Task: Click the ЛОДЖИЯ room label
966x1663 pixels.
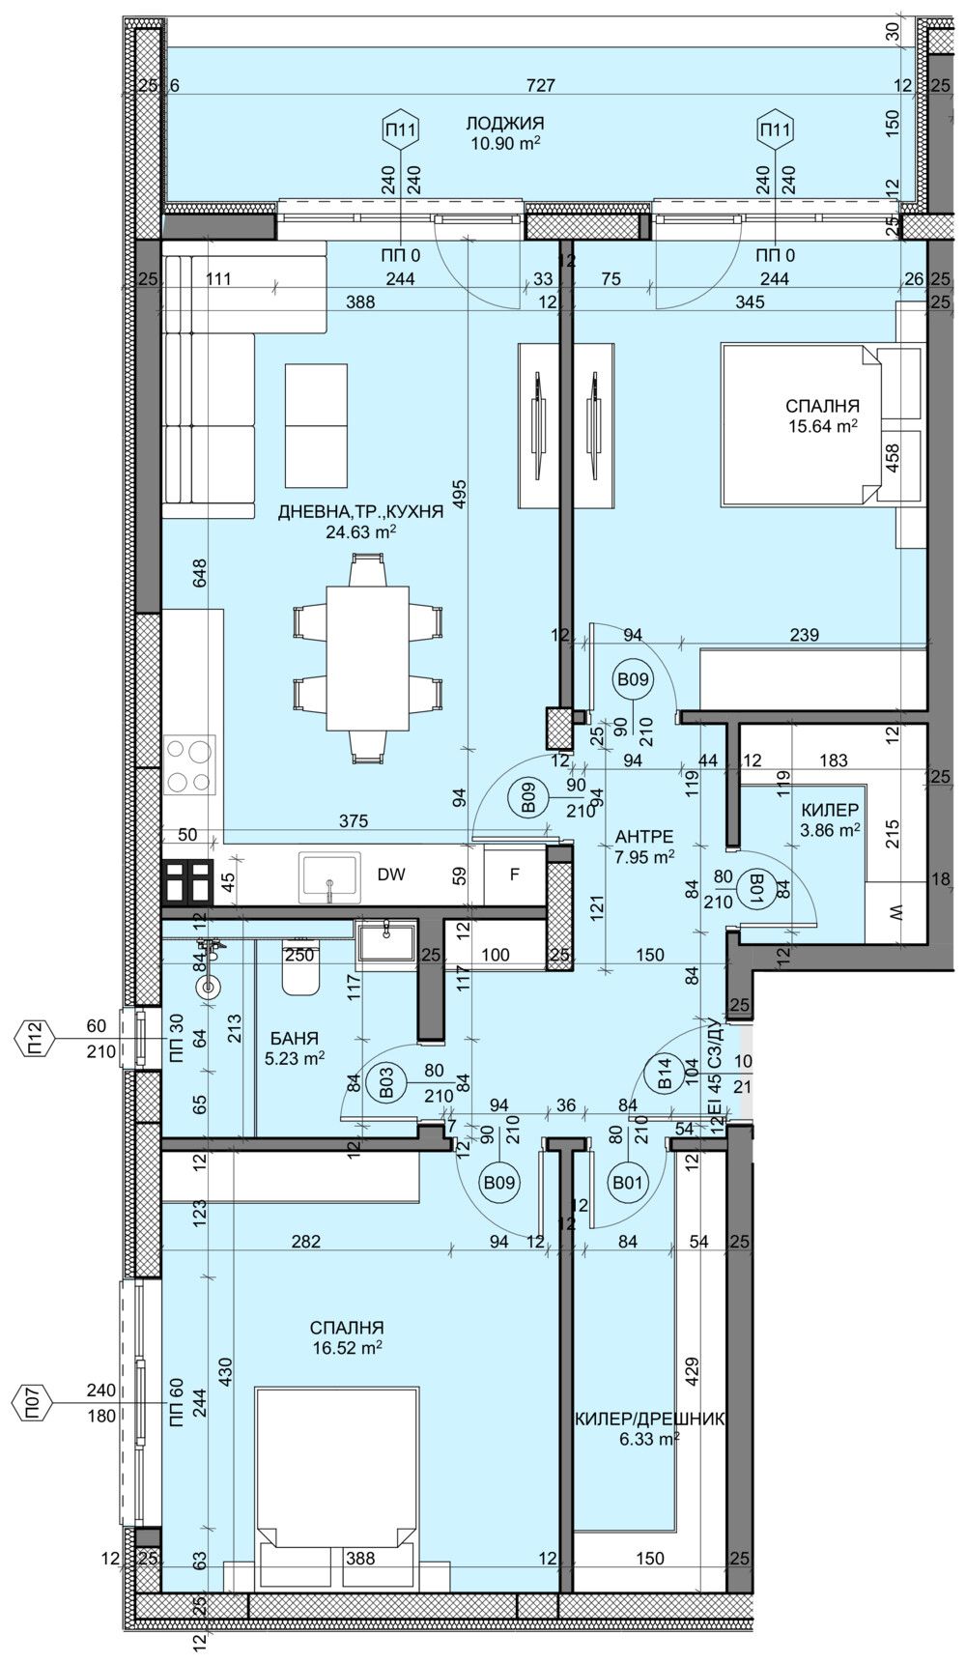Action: click(504, 124)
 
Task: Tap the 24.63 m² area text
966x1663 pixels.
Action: click(362, 530)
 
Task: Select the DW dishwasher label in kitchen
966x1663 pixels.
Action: click(390, 875)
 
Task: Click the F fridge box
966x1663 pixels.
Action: click(515, 875)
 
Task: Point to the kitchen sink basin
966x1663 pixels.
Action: click(329, 875)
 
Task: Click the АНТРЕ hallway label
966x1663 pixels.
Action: click(644, 837)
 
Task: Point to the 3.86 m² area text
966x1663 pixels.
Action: click(831, 829)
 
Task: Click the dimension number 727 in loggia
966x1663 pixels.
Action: click(541, 85)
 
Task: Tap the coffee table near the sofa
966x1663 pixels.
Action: click(316, 426)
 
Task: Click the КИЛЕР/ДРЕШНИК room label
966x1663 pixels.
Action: click(649, 1419)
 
